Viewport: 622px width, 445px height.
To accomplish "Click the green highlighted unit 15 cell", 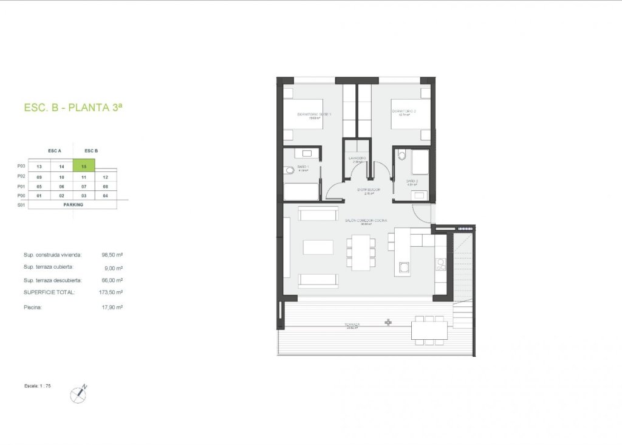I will click(84, 165).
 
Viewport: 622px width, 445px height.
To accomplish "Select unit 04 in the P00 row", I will click(106, 195).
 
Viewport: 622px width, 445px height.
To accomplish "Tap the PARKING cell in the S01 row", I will click(73, 205).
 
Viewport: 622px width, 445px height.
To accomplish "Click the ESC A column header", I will click(55, 150).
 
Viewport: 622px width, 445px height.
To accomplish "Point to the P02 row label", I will click(22, 176).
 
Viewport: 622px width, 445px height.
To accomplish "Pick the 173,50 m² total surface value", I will click(113, 292).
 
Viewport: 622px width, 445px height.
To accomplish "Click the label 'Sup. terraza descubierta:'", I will click(52, 280).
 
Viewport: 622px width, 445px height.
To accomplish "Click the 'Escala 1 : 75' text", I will click(37, 386).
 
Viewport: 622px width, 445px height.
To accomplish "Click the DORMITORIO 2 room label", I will click(404, 111).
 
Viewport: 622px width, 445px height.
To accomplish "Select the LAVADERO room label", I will click(357, 158).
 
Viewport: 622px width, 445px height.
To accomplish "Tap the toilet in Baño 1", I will click(289, 170).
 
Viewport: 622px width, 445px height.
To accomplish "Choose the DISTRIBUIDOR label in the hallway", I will click(369, 190).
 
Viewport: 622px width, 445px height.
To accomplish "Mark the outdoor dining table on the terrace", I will click(429, 330).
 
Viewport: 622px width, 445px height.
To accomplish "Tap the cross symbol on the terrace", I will click(388, 322).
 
